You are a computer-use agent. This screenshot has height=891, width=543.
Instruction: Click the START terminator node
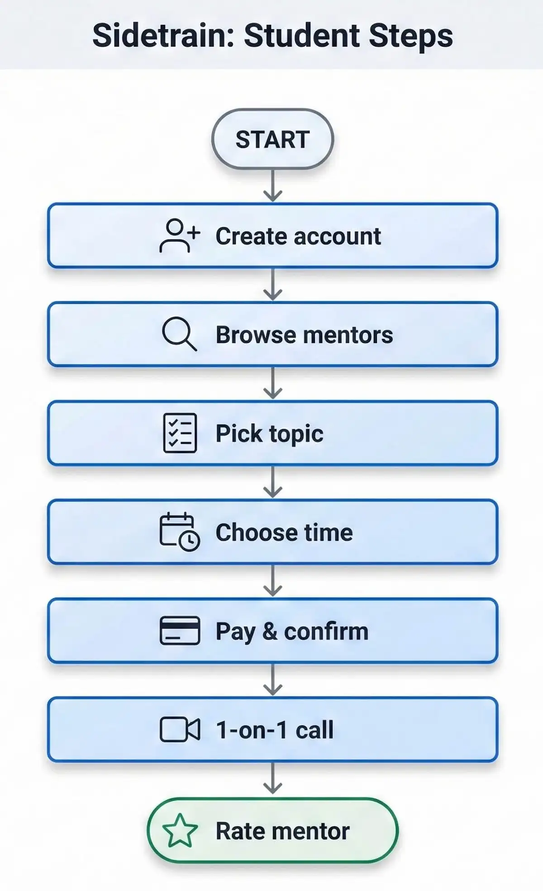[272, 139]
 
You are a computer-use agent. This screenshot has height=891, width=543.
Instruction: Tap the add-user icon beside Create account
[179, 236]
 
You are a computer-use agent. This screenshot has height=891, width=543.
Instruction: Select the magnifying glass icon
[179, 334]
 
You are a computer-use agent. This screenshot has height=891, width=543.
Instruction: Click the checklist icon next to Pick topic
[180, 433]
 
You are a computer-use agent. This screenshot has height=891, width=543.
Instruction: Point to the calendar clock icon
[179, 532]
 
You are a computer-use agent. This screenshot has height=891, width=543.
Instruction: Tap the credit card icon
[180, 630]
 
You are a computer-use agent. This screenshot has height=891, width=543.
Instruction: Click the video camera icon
[180, 729]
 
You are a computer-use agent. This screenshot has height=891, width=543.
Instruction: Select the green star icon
[180, 831]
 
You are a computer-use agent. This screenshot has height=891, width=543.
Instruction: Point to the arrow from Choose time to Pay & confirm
[273, 581]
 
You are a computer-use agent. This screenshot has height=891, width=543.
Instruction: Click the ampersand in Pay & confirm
[270, 631]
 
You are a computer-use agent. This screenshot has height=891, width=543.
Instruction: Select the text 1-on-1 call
[275, 729]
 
